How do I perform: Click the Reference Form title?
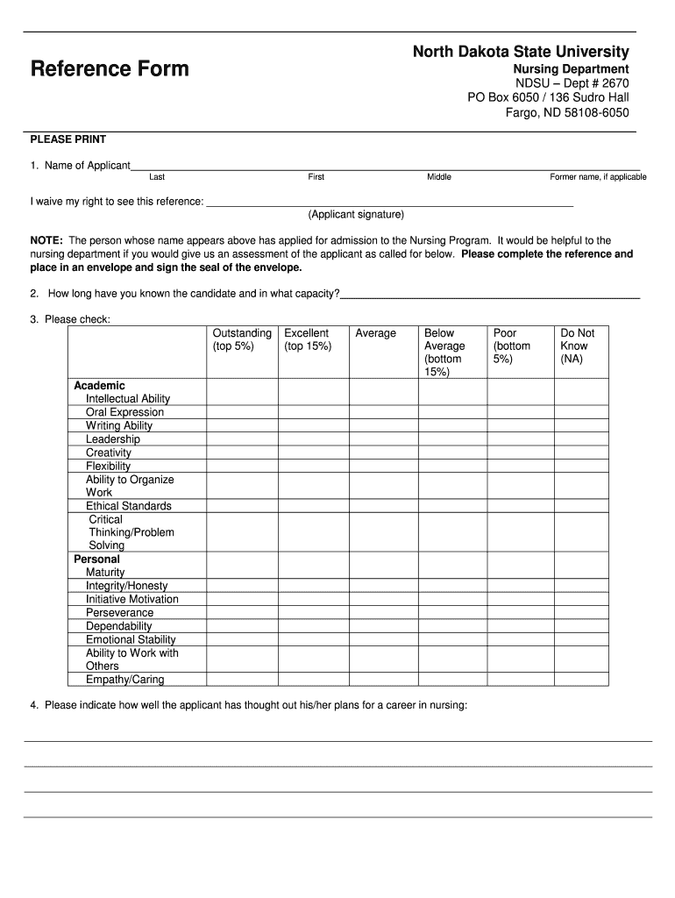click(x=110, y=68)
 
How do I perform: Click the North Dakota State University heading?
click(x=521, y=53)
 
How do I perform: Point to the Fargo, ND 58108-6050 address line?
click(x=567, y=112)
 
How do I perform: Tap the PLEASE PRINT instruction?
click(x=68, y=139)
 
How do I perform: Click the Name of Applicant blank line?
click(x=385, y=165)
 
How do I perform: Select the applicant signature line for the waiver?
click(x=389, y=203)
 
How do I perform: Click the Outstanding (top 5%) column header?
click(x=242, y=339)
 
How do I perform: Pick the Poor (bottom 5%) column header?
click(x=512, y=346)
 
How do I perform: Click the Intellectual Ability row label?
click(x=128, y=399)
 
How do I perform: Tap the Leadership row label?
click(x=113, y=439)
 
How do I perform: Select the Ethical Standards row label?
click(x=129, y=506)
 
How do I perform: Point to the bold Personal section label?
click(x=97, y=559)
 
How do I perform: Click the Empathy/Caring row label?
click(x=124, y=680)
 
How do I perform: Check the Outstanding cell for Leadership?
click(x=242, y=439)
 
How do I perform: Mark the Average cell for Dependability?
click(x=383, y=626)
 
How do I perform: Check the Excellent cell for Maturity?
click(x=313, y=573)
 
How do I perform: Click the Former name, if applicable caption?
click(x=598, y=177)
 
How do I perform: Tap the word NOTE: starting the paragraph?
click(x=46, y=240)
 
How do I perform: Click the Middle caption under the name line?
click(x=439, y=177)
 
